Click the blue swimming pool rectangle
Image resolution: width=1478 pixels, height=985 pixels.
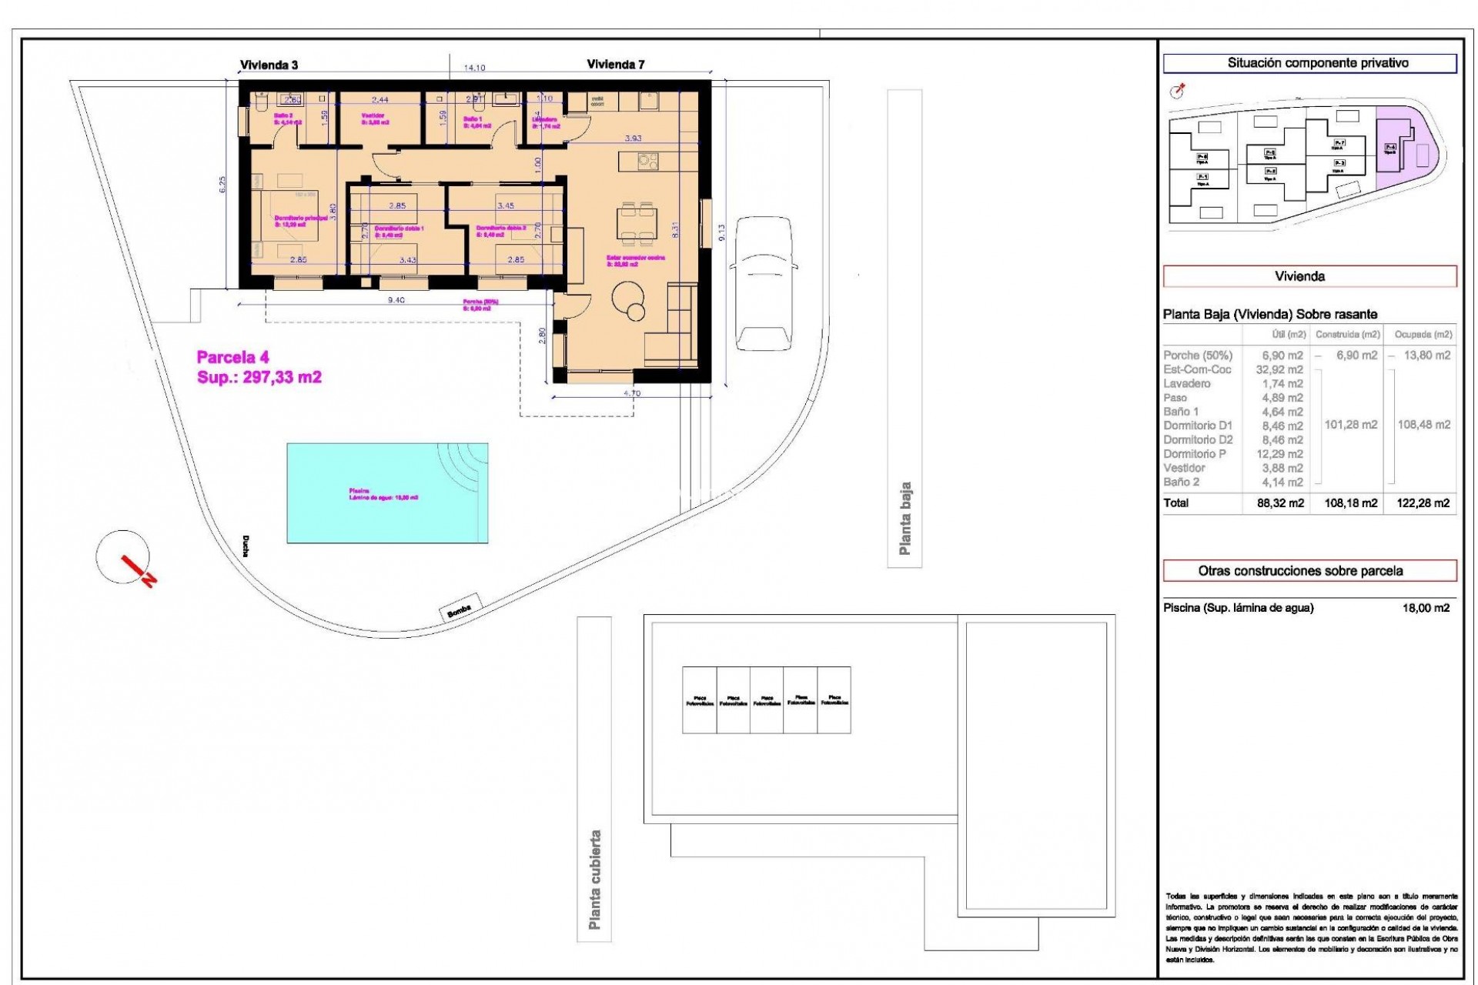(x=387, y=492)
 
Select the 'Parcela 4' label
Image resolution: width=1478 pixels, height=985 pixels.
(x=232, y=357)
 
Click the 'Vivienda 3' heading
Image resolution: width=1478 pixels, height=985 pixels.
(x=269, y=65)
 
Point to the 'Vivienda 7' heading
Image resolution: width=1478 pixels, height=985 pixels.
(x=615, y=65)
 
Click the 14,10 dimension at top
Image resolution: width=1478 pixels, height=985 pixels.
(x=473, y=68)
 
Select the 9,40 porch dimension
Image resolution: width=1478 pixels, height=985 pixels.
(x=396, y=301)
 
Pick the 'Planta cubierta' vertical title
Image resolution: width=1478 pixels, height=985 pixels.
(x=594, y=879)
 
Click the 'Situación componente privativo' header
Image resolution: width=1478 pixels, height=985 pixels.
(x=1309, y=63)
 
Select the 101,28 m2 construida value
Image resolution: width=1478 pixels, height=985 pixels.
(x=1350, y=425)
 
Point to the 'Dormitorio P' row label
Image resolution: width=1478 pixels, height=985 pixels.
(x=1195, y=454)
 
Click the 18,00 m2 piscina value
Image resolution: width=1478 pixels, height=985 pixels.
(x=1426, y=608)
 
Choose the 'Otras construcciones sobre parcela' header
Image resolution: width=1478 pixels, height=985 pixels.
(x=1309, y=571)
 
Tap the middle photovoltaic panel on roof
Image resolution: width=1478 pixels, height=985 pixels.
(x=767, y=700)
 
